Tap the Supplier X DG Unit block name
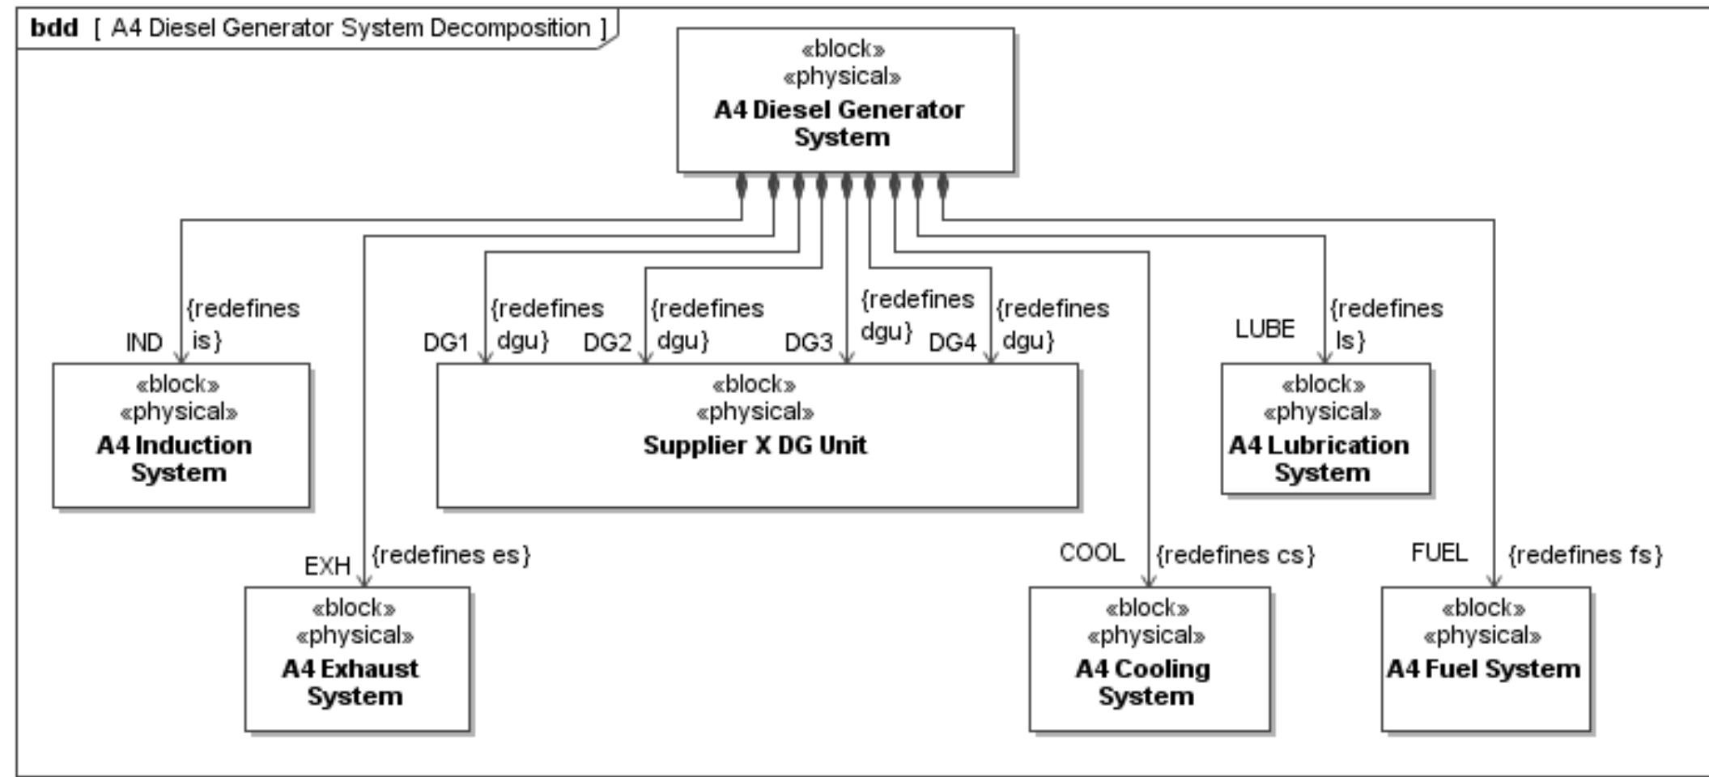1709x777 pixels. click(x=755, y=445)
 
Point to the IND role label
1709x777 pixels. click(x=144, y=343)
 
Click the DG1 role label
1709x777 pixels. click(x=446, y=343)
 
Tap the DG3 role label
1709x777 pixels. click(x=808, y=343)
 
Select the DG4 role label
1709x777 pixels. click(x=952, y=343)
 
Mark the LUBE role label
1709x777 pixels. click(x=1265, y=328)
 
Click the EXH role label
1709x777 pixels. click(x=327, y=566)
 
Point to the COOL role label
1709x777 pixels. click(x=1091, y=553)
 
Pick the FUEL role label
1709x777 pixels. click(x=1439, y=553)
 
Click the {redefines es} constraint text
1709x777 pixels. click(x=451, y=555)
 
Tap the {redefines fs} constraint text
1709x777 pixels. click(x=1585, y=555)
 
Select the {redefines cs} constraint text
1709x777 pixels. click(x=1235, y=555)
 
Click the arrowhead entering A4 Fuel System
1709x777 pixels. click(x=1494, y=580)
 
